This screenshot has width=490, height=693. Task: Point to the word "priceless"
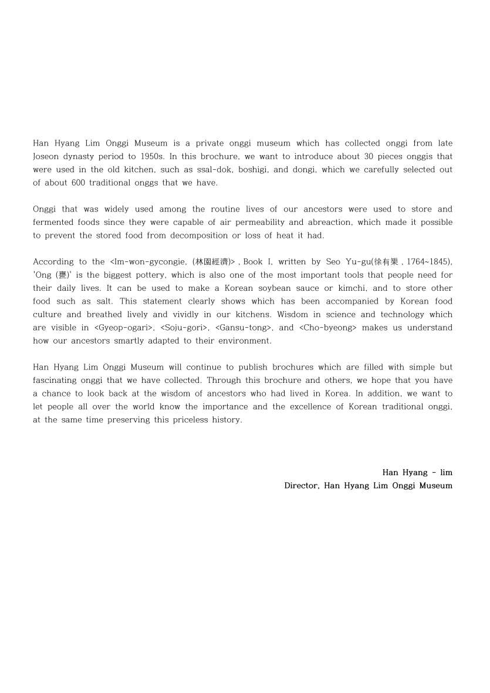coord(167,420)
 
